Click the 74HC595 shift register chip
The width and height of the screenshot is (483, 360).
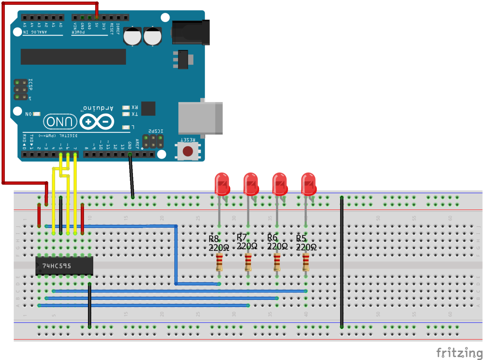(x=64, y=266)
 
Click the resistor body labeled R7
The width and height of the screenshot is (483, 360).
(x=248, y=262)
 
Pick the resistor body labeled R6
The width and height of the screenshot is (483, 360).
(x=277, y=262)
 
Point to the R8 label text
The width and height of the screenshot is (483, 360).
(x=214, y=239)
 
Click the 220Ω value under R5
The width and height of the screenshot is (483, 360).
(x=306, y=247)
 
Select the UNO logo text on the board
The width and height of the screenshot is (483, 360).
(x=60, y=122)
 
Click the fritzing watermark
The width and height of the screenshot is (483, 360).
(x=459, y=352)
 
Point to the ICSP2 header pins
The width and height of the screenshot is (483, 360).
(x=153, y=141)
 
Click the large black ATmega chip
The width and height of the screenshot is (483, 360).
(x=73, y=57)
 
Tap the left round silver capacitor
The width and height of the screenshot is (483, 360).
(x=132, y=36)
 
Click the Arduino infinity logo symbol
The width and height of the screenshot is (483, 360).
(x=97, y=122)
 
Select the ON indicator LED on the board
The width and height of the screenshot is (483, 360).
(x=36, y=114)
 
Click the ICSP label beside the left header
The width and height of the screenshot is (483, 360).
(x=30, y=84)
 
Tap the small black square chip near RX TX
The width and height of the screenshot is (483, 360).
(x=148, y=108)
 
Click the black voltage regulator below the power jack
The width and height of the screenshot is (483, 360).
(x=183, y=60)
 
